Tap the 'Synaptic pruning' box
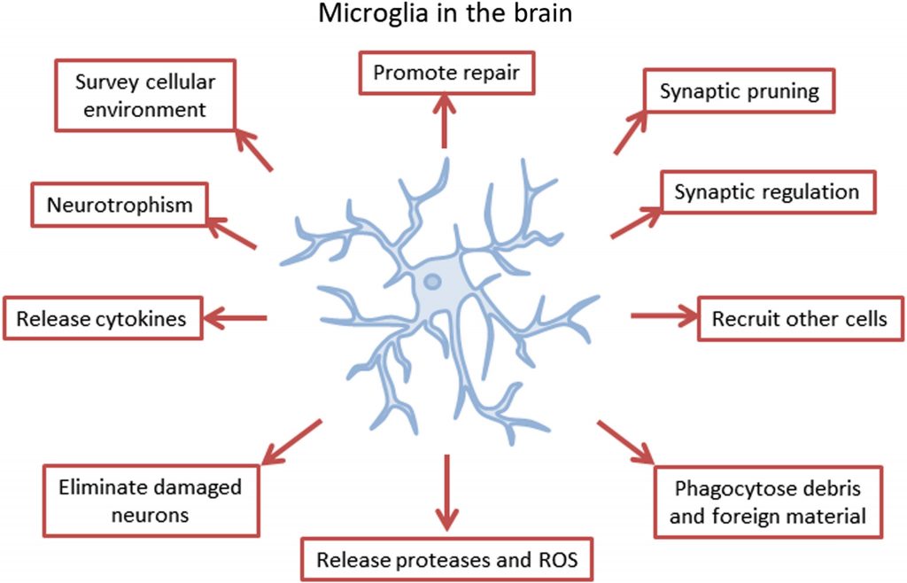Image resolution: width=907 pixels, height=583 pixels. (739, 90)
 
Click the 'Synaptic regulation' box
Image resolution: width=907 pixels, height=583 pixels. (768, 191)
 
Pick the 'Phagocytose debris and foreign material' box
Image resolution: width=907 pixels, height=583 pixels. (768, 501)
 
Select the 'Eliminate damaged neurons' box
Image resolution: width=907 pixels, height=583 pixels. (151, 500)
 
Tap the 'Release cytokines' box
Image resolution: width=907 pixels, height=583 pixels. (102, 318)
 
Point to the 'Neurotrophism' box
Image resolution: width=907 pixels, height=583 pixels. (120, 205)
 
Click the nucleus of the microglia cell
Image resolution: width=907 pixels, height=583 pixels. (432, 283)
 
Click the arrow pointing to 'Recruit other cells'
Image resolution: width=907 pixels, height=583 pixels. (663, 315)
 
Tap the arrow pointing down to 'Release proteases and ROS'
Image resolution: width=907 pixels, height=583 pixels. (446, 493)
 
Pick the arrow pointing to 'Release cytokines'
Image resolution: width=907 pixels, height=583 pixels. (235, 316)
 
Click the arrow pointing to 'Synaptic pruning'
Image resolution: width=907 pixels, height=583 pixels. (634, 132)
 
